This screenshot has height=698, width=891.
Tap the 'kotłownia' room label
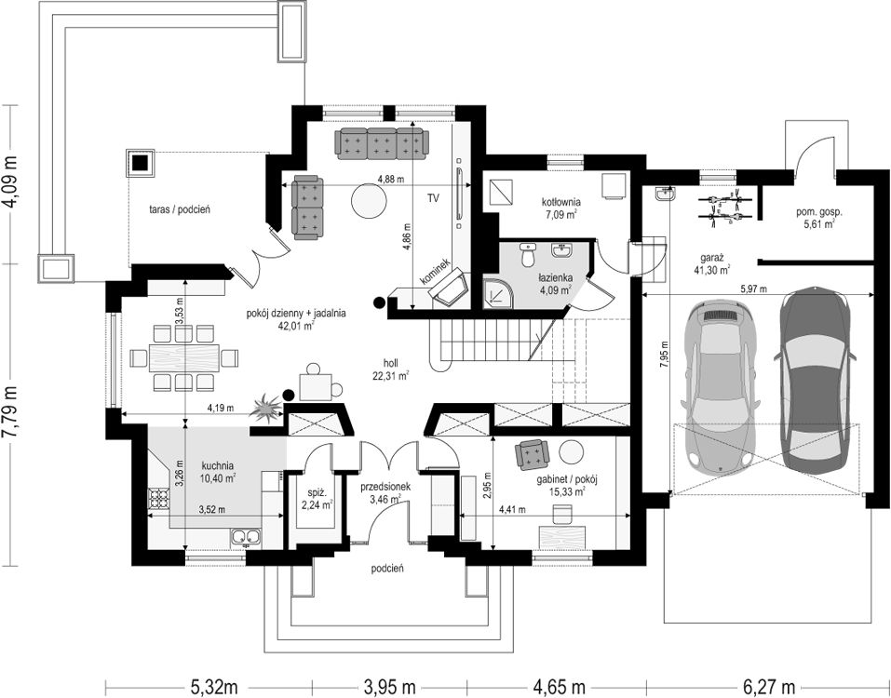pos(560,202)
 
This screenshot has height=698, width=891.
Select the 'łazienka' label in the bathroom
pos(556,277)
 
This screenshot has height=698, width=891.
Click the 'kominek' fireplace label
pos(436,272)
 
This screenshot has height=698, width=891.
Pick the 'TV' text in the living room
pos(434,198)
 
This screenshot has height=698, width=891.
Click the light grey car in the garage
pos(720,388)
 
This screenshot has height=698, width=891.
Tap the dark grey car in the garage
pos(815,382)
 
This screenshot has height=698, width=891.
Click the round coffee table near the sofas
pos(369,200)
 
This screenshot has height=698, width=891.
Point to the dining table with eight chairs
pos(184,357)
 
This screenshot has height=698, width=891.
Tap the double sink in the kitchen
pos(246,537)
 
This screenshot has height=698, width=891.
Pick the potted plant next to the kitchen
pos(266,409)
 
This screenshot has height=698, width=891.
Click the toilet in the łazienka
pos(529,256)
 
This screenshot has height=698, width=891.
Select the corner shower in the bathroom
pos(498,293)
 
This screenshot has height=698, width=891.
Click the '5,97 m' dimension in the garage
pos(753,289)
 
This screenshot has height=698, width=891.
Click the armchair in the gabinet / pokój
pos(533,454)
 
